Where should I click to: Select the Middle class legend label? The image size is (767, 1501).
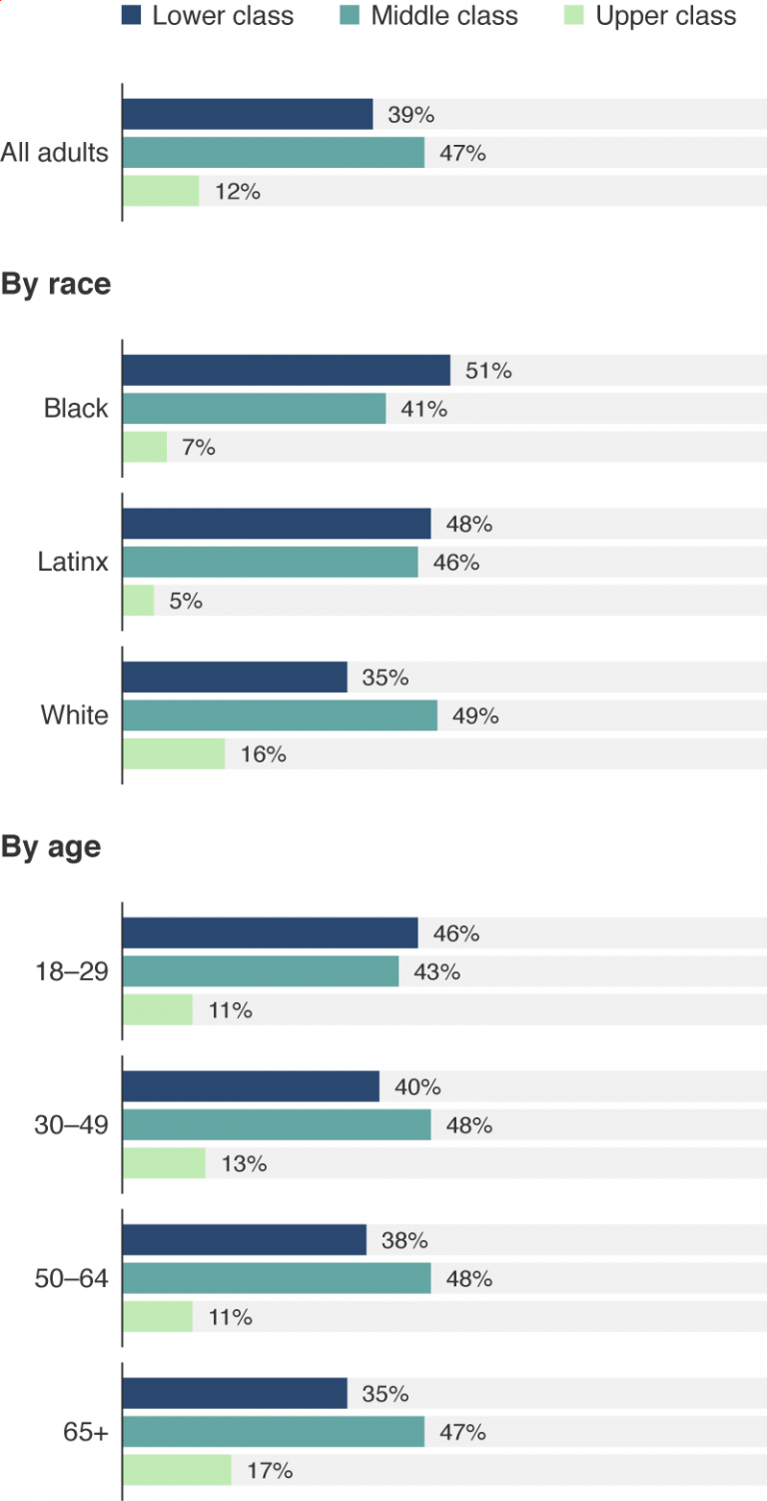[x=444, y=16]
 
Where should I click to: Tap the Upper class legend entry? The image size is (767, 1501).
[x=666, y=16]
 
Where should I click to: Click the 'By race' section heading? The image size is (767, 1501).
[x=56, y=285]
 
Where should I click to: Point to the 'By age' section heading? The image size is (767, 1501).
[x=51, y=847]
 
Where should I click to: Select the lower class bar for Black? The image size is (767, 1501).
[x=287, y=371]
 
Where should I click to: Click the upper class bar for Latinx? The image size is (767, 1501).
[x=139, y=601]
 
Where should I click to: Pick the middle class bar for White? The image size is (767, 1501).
[x=280, y=716]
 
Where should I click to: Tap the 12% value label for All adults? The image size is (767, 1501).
[x=237, y=192]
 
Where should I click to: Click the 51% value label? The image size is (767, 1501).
[x=488, y=371]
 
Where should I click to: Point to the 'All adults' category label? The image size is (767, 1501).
[x=55, y=153]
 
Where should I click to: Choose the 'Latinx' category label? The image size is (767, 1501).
[x=73, y=563]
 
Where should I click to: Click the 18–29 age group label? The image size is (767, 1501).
[x=72, y=971]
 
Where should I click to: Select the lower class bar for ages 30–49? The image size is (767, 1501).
[x=251, y=1086]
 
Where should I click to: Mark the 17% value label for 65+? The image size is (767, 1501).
[x=269, y=1471]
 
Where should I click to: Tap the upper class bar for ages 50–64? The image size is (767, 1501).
[x=158, y=1317]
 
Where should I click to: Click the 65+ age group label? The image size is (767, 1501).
[x=86, y=1432]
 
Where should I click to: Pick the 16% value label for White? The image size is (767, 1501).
[x=263, y=754]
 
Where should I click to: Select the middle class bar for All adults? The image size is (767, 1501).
[x=274, y=153]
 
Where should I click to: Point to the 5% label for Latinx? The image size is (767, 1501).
[x=185, y=601]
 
